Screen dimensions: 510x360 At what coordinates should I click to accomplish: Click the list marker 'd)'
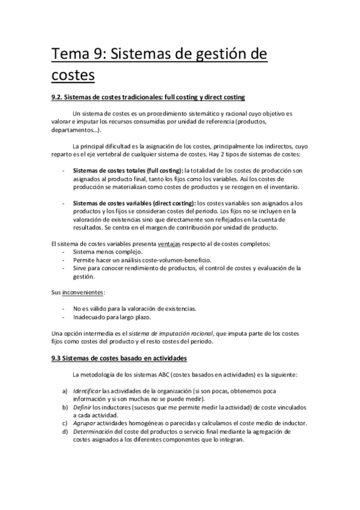[x=64, y=432]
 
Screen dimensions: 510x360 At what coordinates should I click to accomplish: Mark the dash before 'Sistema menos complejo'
[x=64, y=251]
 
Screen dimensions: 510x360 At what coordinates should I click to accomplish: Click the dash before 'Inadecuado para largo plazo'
[x=64, y=316]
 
